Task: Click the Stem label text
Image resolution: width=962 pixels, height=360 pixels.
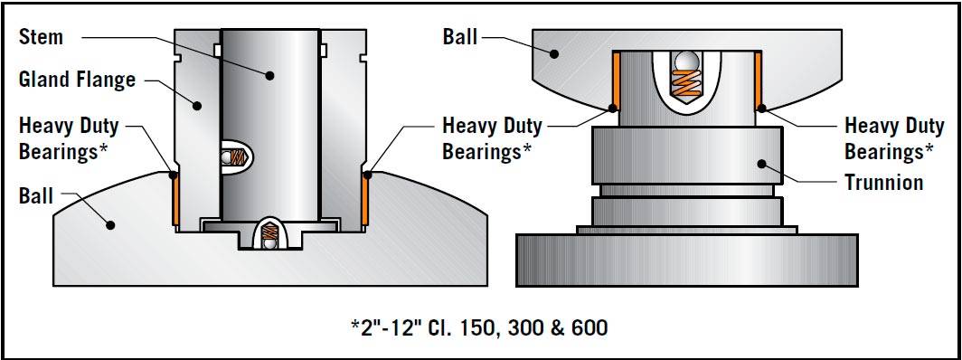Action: [41, 37]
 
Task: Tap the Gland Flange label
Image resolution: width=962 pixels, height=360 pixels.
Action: [78, 80]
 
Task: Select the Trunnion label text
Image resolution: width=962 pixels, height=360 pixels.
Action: [884, 182]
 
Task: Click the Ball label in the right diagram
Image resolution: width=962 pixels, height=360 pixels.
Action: [460, 37]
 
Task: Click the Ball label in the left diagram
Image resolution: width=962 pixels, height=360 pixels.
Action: [36, 196]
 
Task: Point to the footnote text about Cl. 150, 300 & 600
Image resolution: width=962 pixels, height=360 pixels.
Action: [479, 327]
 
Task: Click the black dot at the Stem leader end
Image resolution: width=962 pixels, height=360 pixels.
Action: [269, 75]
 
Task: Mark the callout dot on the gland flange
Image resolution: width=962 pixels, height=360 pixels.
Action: [197, 106]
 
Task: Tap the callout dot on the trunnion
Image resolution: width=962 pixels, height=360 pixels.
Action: [761, 164]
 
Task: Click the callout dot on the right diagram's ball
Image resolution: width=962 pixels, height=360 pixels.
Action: [554, 54]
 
